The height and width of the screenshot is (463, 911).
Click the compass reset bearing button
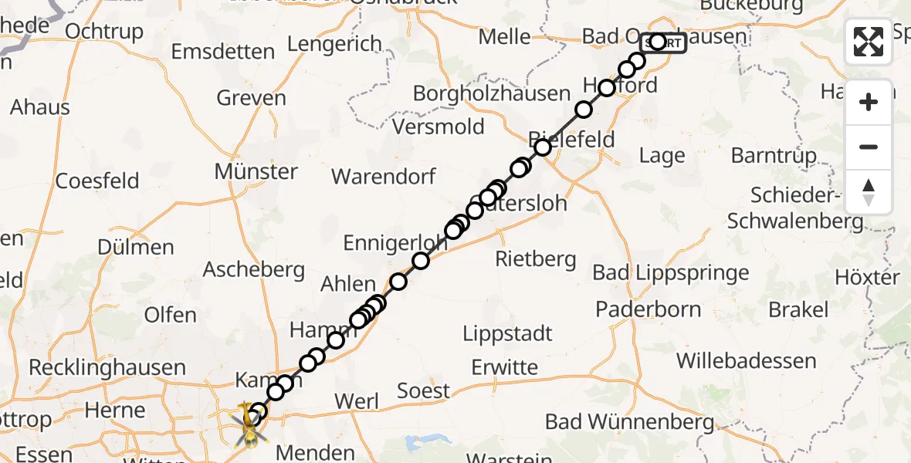point(869,192)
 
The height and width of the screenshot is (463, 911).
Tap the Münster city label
point(256,171)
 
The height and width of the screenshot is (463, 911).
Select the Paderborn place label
point(649,309)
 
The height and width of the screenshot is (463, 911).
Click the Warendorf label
point(384,176)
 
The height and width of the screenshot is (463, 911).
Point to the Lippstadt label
point(508,333)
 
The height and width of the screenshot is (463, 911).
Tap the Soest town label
point(423,390)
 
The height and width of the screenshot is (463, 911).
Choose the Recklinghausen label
point(107,367)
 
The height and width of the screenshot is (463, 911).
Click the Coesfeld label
point(97,181)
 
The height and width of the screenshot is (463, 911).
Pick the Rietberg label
point(536,259)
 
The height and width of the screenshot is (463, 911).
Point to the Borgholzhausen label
point(492,93)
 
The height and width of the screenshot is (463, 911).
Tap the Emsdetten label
point(222,52)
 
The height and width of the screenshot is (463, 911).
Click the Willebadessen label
point(747,360)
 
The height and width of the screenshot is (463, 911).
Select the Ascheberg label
point(254,269)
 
